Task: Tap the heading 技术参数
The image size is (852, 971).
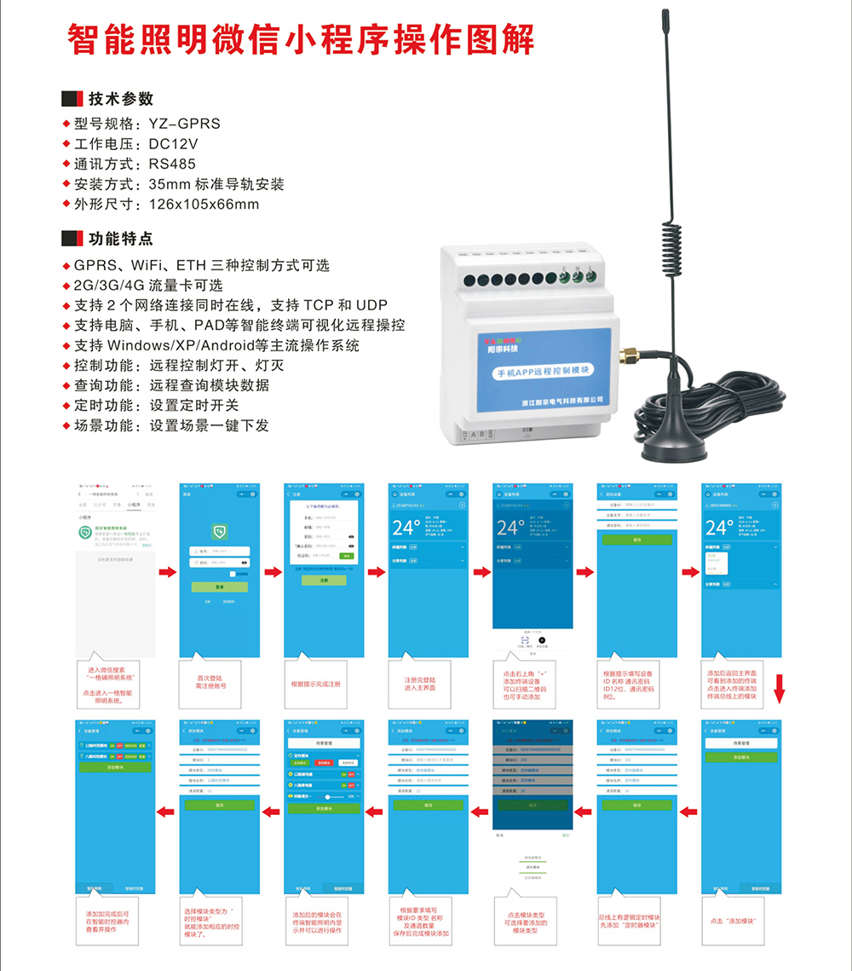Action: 120,99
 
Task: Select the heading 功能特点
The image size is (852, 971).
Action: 120,239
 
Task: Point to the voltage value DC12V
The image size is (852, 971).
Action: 173,144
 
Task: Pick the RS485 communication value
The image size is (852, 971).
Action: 171,164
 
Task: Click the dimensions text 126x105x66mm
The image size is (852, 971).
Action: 204,205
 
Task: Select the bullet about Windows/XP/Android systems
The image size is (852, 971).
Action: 216,345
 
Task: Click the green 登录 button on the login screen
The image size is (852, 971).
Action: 219,587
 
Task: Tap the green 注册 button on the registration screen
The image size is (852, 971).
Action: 324,580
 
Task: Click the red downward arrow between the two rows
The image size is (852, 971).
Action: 778,689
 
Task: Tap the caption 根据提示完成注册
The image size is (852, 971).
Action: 315,684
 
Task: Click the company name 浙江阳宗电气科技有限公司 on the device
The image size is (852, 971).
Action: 561,399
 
